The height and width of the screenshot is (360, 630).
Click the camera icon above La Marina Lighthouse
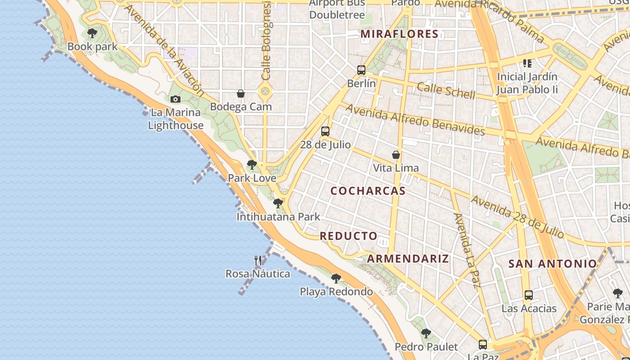175,99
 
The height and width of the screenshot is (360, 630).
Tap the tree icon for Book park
92,33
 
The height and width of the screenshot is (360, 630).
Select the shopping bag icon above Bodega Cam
241,94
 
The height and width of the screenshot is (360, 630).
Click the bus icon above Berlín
361,70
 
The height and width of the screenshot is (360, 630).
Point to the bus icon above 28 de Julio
325,131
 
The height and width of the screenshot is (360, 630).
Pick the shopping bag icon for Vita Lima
396,155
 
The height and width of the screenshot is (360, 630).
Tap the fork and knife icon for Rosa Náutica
258,260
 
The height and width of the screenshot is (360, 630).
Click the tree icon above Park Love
252,165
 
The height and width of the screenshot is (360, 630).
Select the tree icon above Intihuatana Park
278,203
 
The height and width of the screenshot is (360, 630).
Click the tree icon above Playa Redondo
336,279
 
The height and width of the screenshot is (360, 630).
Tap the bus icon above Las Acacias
529,295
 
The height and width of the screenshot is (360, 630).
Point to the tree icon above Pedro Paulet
426,333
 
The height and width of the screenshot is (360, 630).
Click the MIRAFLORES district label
400,34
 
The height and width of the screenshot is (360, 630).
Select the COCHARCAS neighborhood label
368,191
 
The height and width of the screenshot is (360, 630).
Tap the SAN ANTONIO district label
553,264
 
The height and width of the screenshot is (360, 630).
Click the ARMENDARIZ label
408,258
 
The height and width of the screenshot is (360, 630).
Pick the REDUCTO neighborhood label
349,236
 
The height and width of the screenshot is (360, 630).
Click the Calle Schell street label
445,90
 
